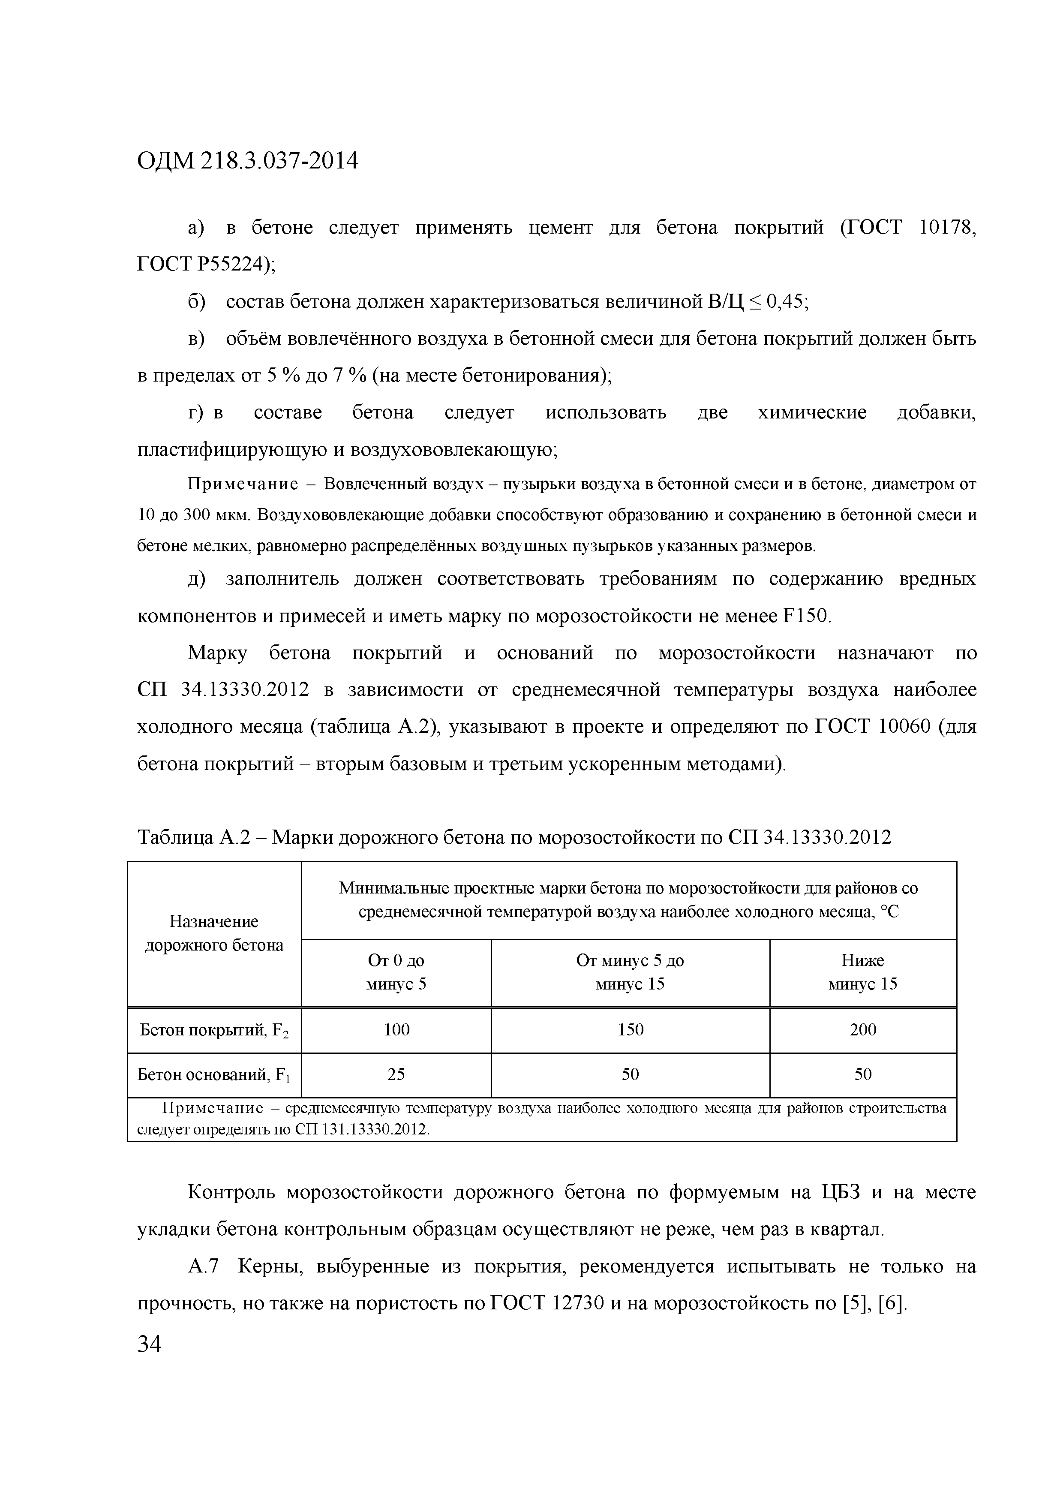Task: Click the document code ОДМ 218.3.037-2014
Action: tap(248, 160)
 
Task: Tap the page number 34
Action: tap(149, 1344)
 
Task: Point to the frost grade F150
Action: tap(805, 617)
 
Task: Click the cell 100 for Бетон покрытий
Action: tap(396, 1030)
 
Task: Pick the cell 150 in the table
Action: tap(630, 1030)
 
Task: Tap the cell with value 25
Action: tap(396, 1074)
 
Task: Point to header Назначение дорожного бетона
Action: tap(214, 933)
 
